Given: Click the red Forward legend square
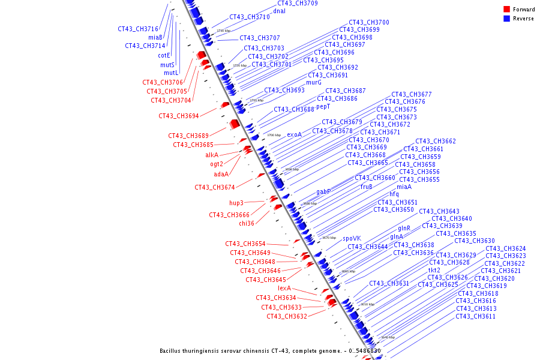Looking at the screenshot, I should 506,9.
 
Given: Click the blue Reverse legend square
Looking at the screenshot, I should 506,19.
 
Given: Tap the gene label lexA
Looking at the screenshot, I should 284,288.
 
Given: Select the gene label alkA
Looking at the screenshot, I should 212,155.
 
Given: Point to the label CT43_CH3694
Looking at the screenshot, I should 179,116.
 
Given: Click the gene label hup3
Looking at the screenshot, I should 236,203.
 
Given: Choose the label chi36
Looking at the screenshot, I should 247,223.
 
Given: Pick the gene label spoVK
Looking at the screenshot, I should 352,238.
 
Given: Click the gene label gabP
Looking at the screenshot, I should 324,192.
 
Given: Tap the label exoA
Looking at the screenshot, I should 294,134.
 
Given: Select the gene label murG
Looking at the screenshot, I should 314,82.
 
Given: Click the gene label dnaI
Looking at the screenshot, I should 279,11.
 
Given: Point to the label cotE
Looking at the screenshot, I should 164,55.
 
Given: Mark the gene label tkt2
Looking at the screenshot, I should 434,270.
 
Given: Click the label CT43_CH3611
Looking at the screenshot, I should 476,316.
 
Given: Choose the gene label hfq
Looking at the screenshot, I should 394,194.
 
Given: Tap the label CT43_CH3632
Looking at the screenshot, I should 287,316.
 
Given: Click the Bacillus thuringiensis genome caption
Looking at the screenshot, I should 270,351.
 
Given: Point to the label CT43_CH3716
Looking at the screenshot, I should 138,29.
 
